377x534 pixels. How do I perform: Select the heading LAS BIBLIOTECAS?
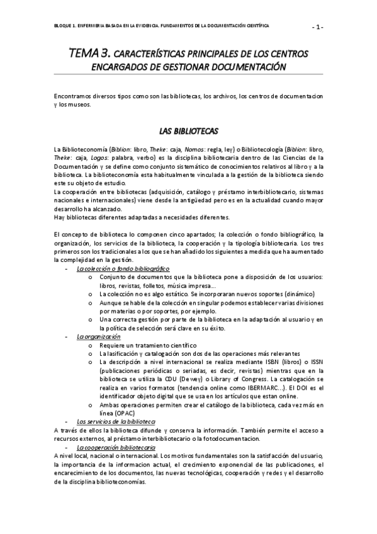188,131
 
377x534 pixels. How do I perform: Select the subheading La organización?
98,337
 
